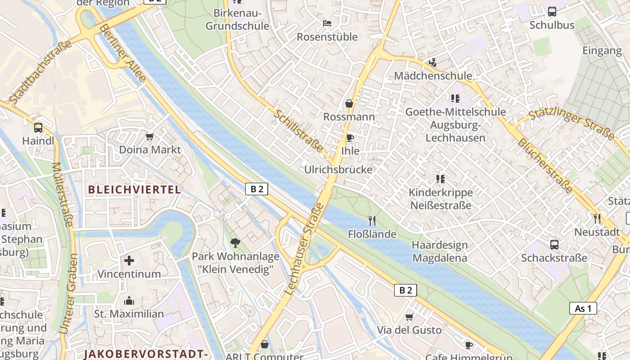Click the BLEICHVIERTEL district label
(135, 189)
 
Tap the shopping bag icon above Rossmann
(349, 104)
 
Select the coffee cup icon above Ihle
(350, 138)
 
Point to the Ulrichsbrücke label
(338, 170)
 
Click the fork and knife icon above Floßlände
(372, 220)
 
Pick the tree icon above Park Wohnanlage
(235, 243)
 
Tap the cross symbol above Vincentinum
(129, 261)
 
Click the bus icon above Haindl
(38, 127)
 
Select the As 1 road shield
(583, 308)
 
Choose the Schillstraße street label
(298, 131)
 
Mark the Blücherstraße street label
(545, 165)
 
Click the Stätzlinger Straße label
(571, 121)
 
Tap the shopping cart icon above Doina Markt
(150, 136)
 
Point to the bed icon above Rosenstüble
(327, 23)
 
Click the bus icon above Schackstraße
(554, 245)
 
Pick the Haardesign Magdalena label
(440, 252)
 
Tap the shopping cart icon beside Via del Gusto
(409, 317)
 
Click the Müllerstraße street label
(63, 194)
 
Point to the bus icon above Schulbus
(552, 12)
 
